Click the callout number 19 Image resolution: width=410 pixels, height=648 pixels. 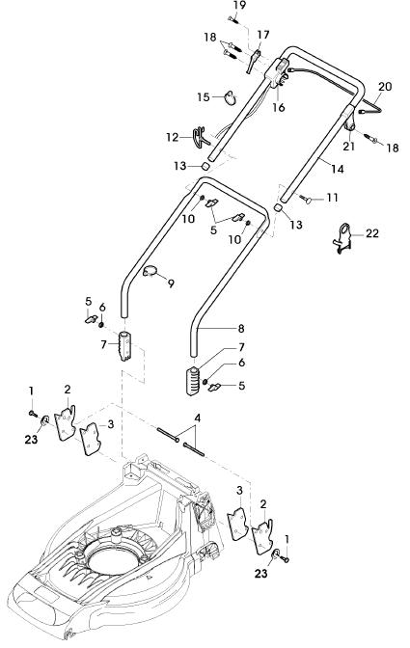click(239, 5)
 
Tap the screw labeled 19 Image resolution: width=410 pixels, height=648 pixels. click(233, 19)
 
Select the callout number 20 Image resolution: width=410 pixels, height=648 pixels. click(384, 87)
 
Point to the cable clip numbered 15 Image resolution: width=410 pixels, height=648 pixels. click(231, 96)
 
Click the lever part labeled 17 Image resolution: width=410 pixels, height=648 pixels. click(254, 61)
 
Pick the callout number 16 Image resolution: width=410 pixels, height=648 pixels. click(279, 107)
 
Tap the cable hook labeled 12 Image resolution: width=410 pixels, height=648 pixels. click(200, 136)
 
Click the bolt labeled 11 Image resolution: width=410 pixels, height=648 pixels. click(309, 200)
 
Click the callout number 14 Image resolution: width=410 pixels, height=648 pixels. click(338, 169)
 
